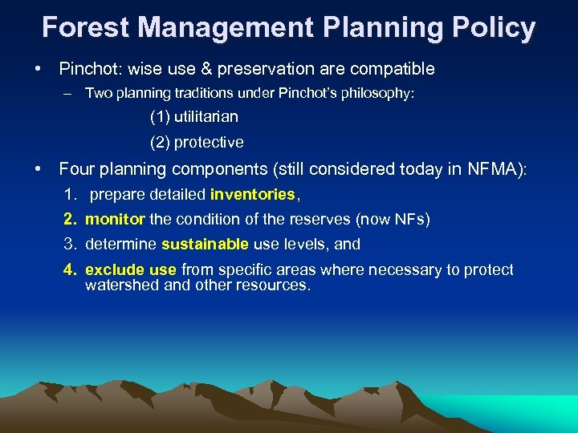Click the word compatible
click(394, 69)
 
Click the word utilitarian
click(194, 117)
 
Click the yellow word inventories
click(253, 194)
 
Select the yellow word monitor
click(115, 219)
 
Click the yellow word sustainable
click(205, 244)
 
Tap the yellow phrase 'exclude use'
click(131, 269)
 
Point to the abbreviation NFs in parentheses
click(409, 219)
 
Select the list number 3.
click(71, 244)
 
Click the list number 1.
click(71, 194)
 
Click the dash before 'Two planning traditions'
click(70, 94)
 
